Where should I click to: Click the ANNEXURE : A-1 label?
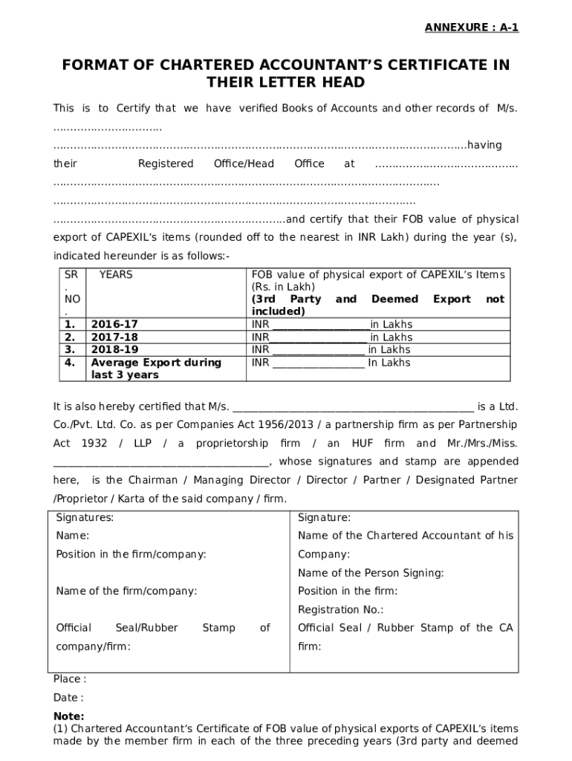pos(471,28)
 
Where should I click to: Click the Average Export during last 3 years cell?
pos(155,369)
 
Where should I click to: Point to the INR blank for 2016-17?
pos(321,326)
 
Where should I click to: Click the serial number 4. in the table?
pos(70,363)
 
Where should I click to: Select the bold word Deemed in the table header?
pos(394,299)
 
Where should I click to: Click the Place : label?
pos(69,679)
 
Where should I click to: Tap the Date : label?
pos(68,698)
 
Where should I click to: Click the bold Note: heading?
pos(68,716)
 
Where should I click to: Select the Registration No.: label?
pos(340,610)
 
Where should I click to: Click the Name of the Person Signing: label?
pos(371,573)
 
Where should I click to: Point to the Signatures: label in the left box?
pos(85,517)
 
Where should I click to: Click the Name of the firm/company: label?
pos(126,592)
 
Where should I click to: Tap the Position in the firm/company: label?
pos(131,554)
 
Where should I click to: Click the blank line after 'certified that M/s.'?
pos(353,407)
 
